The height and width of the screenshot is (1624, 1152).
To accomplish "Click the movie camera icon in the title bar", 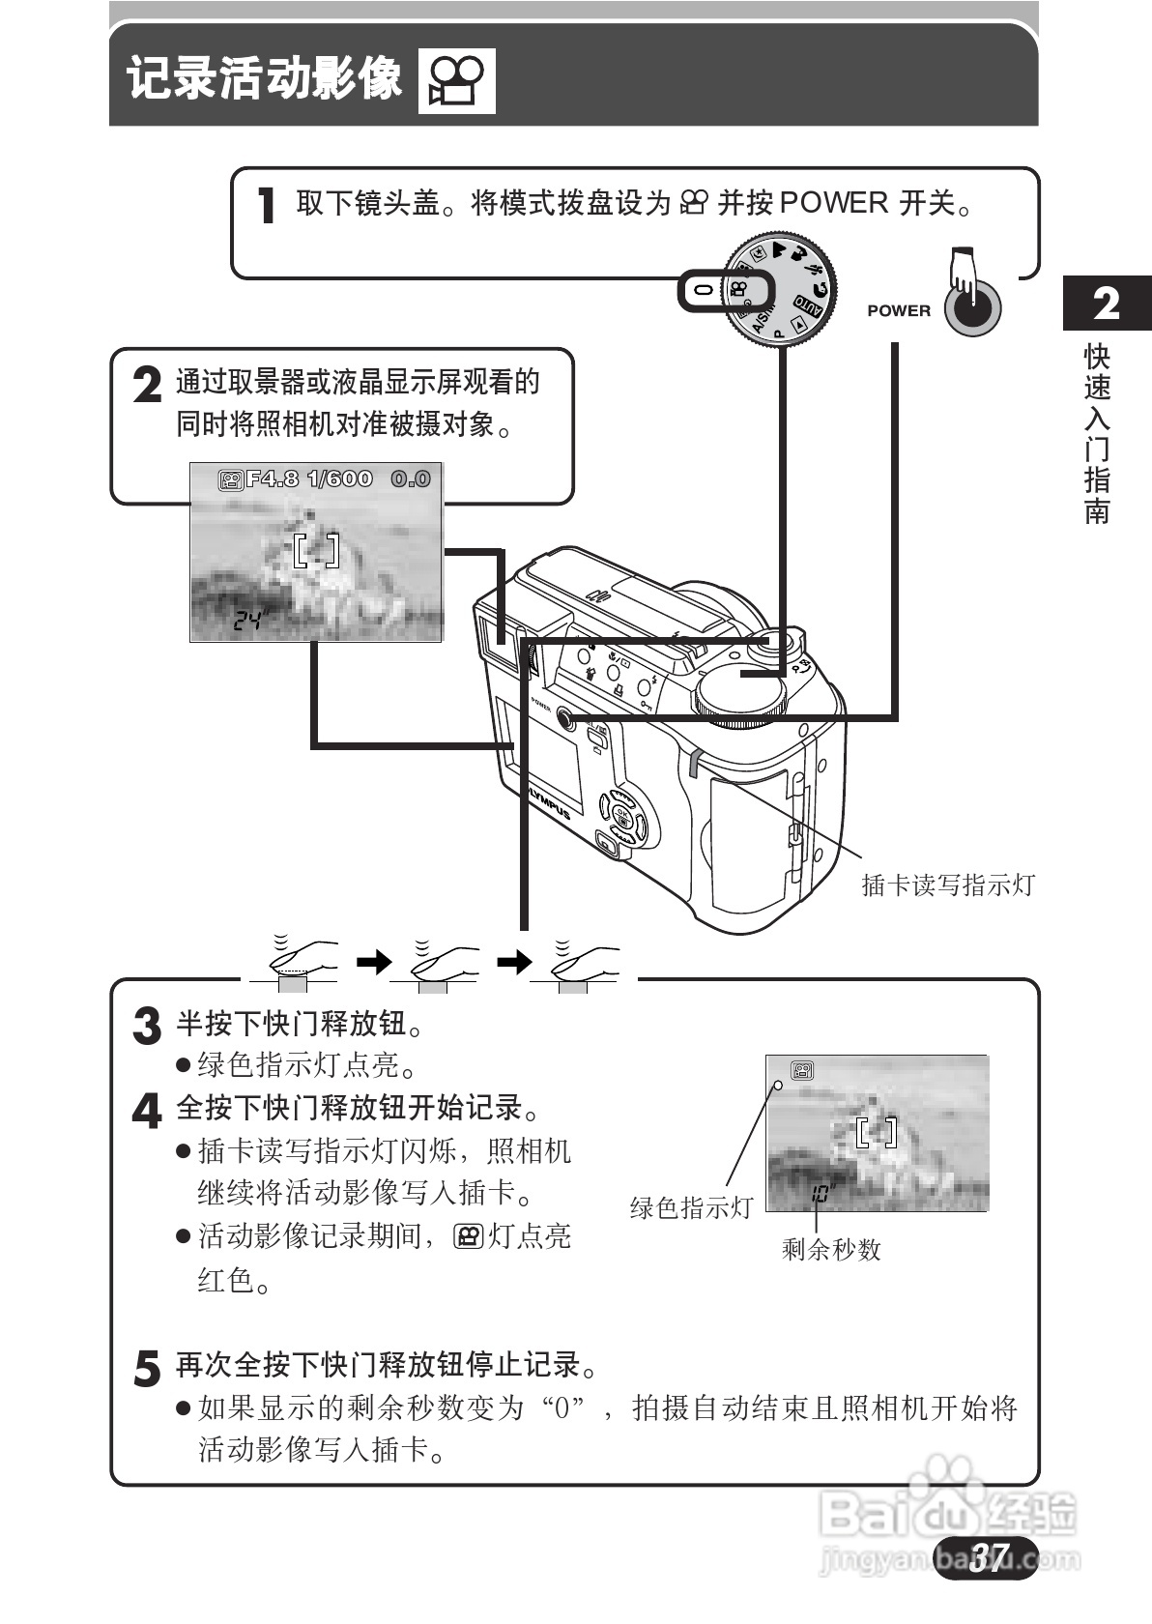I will (456, 81).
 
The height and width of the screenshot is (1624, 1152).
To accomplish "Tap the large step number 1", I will (267, 206).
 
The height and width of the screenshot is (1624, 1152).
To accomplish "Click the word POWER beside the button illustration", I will (899, 311).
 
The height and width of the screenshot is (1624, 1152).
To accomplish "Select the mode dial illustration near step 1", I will (780, 288).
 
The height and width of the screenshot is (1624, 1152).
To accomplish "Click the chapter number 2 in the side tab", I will (1107, 304).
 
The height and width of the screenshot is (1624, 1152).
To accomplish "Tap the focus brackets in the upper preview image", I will (316, 550).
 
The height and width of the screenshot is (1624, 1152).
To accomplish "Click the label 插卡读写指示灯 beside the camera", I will (947, 884).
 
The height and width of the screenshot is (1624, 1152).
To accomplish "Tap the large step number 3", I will (146, 1027).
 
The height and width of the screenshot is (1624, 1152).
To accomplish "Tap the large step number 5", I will (146, 1369).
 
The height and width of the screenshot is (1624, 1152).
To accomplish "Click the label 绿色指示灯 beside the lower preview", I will (690, 1208).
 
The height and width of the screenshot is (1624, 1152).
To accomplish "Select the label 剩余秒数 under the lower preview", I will (831, 1250).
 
